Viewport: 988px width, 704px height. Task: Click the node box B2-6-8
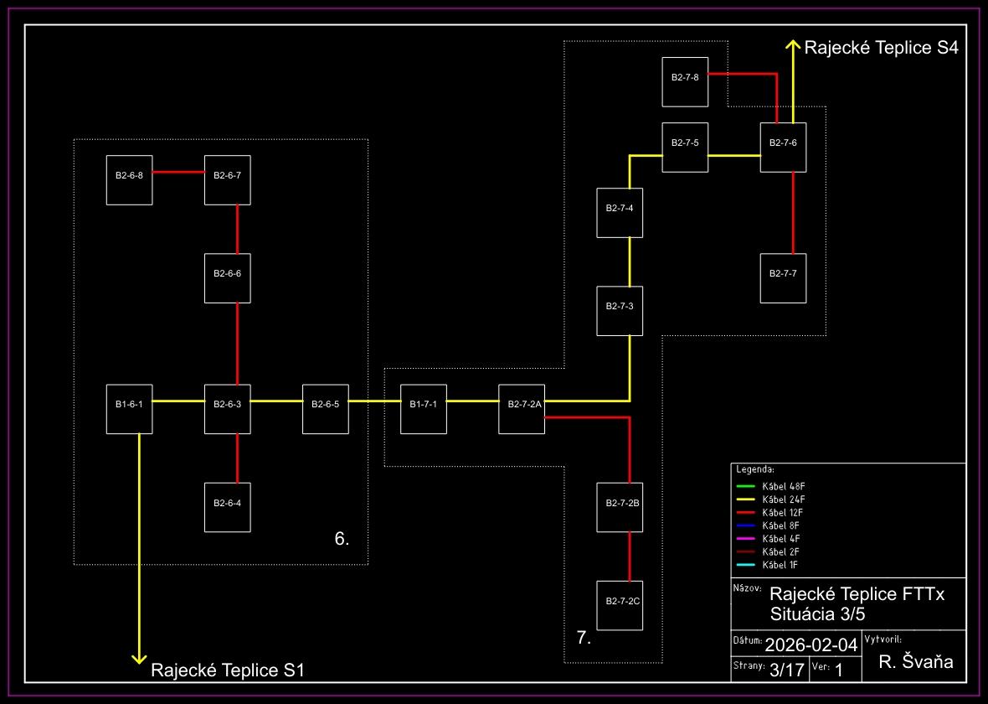click(129, 179)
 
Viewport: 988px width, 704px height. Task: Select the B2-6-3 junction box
click(227, 408)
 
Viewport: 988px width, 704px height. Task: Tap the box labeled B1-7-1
click(423, 408)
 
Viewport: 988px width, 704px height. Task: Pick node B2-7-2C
click(619, 604)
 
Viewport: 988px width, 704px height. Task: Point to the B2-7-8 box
click(684, 81)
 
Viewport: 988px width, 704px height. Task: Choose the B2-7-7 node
click(783, 277)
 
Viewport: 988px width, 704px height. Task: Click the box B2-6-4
click(227, 507)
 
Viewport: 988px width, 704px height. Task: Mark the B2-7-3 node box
click(619, 310)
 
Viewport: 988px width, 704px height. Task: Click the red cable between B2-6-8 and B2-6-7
click(178, 173)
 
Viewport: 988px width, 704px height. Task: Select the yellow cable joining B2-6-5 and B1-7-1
click(374, 401)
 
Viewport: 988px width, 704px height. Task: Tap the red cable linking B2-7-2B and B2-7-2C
click(629, 556)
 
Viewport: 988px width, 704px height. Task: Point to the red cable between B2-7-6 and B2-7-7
click(793, 213)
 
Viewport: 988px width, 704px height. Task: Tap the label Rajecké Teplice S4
click(881, 48)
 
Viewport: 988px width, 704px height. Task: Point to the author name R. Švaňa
click(916, 663)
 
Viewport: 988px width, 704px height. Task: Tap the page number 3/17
click(786, 670)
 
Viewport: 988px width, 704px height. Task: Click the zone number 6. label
click(342, 539)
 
